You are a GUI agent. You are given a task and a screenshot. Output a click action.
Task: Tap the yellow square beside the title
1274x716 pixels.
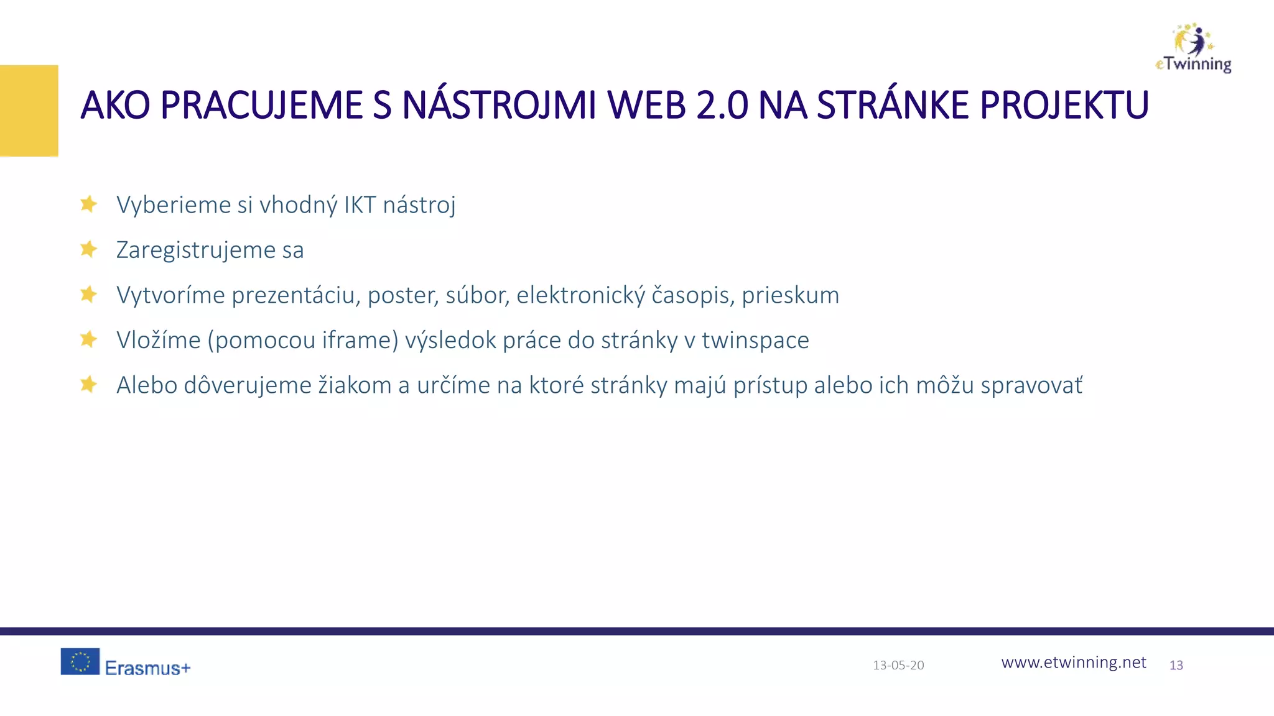pyautogui.click(x=29, y=111)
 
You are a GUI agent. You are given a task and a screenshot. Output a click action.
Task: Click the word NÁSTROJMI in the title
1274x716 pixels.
pyautogui.click(x=499, y=105)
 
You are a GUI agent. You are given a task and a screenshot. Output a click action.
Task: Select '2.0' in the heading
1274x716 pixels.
pyautogui.click(x=722, y=105)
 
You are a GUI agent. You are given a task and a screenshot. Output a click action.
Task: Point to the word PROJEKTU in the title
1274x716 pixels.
pyautogui.click(x=1064, y=105)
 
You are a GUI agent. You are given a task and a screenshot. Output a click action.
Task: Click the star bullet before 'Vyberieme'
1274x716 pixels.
pyautogui.click(x=88, y=204)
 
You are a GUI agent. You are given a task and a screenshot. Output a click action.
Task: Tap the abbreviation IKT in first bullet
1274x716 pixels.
pyautogui.click(x=360, y=204)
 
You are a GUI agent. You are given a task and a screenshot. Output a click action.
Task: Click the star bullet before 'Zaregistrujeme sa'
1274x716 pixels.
pyautogui.click(x=88, y=249)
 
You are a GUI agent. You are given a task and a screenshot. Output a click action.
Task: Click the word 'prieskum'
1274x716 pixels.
pyautogui.click(x=790, y=295)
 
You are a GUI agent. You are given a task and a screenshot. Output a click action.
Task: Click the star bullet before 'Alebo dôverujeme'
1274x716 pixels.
pyautogui.click(x=88, y=384)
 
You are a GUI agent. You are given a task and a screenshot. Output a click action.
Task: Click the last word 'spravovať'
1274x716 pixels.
pyautogui.click(x=1031, y=385)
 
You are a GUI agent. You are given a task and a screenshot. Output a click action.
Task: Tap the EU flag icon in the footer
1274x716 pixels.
pyautogui.click(x=80, y=661)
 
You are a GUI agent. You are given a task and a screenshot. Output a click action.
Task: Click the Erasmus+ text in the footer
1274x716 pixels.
pyautogui.click(x=147, y=668)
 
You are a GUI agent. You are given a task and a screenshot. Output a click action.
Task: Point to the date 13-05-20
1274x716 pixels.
pyautogui.click(x=898, y=665)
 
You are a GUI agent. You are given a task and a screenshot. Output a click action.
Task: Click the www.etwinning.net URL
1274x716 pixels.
pyautogui.click(x=1073, y=663)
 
